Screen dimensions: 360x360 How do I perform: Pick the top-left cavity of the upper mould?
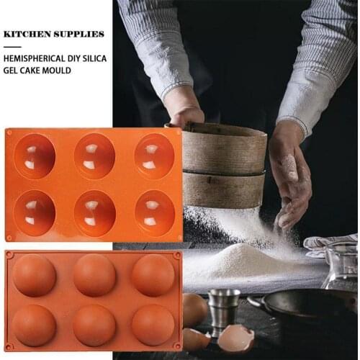coord(35,156)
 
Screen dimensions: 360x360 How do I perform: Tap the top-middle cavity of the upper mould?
coord(94,156)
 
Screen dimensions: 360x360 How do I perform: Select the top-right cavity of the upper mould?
coord(154,156)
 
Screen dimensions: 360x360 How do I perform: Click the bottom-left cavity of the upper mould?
coord(35,212)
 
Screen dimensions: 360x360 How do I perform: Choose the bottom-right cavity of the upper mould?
coord(154,212)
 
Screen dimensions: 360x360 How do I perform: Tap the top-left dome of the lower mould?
coord(35,275)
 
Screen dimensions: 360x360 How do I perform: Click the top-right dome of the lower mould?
coord(153,275)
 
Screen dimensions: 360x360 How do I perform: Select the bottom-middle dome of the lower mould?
coord(94,325)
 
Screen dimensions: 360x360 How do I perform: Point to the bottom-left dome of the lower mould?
coord(35,325)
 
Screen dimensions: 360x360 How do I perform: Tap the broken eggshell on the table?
coord(236,337)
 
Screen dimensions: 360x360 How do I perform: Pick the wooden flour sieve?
coord(223,166)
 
